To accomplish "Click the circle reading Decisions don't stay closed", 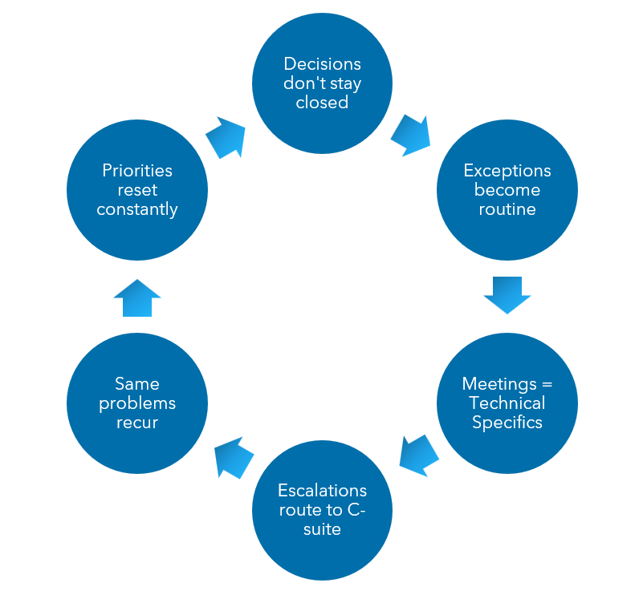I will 322,83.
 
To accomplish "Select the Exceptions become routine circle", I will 507,190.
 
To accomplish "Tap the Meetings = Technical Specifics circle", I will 507,403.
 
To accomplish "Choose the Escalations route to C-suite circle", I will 322,510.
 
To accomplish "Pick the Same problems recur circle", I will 137,403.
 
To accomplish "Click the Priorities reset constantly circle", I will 137,190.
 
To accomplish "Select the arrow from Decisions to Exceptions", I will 411,134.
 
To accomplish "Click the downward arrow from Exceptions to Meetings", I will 507,295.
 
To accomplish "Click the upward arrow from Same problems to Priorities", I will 137,297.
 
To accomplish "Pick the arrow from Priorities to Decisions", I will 226,137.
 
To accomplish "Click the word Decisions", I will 322,64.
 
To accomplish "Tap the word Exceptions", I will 507,171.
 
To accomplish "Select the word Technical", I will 507,403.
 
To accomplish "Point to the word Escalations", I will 322,491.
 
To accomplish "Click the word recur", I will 137,423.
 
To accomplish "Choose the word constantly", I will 137,210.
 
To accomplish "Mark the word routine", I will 507,210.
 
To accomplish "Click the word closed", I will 322,103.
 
